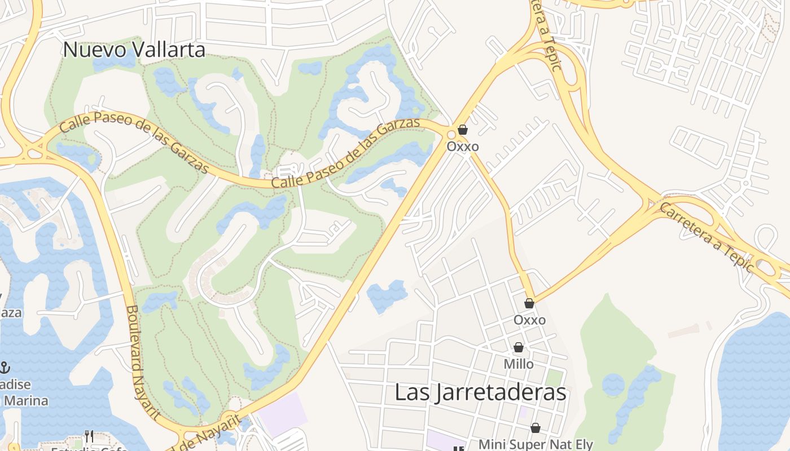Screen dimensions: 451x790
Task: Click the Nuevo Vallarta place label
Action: click(134, 50)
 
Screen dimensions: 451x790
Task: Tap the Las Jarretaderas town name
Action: click(480, 392)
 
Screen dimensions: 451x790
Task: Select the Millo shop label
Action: click(518, 364)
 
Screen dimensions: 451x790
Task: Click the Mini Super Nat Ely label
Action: click(536, 444)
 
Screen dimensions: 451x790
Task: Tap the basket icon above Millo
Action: click(518, 348)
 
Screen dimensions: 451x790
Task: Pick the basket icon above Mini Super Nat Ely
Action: click(535, 428)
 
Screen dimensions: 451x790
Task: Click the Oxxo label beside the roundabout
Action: click(463, 147)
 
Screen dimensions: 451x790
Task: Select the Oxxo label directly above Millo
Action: click(529, 320)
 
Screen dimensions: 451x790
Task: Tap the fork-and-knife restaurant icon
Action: click(89, 436)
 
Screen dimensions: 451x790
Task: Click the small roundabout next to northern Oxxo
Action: click(451, 135)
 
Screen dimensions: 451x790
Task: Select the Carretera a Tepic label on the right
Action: click(705, 236)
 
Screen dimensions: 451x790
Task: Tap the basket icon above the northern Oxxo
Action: click(463, 130)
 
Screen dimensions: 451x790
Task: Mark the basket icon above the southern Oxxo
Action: click(529, 304)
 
